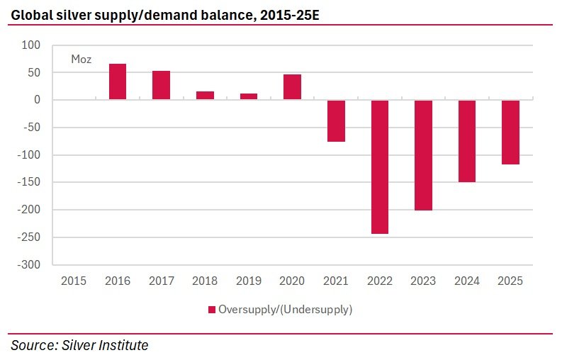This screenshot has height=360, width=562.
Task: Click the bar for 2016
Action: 118,81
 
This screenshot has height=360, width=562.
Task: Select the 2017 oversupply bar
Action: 161,85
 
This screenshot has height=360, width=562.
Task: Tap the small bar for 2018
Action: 205,96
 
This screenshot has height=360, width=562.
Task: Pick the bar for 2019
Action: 249,96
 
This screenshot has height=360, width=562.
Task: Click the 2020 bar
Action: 292,87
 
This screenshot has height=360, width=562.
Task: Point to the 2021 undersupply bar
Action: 336,120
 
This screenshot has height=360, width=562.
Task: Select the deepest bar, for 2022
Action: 380,167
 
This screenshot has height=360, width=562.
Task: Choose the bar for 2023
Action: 423,155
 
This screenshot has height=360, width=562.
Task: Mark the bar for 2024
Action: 467,141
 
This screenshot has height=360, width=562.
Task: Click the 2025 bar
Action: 511,132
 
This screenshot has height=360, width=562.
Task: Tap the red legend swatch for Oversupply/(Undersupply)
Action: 211,310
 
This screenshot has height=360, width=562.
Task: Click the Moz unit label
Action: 82,60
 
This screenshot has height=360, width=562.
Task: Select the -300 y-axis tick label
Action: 29,265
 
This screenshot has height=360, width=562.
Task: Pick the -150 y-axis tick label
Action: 29,182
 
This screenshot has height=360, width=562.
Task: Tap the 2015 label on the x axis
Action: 74,281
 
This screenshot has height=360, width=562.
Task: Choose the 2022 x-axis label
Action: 380,281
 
